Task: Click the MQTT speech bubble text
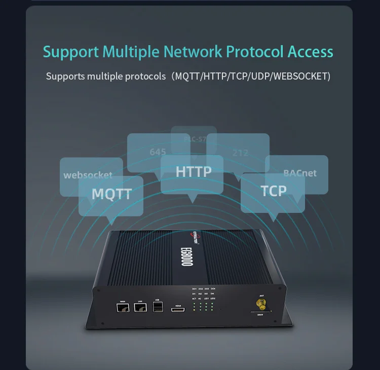[111, 194]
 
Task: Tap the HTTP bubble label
[194, 172]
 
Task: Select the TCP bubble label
[274, 191]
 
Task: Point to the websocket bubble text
[88, 175]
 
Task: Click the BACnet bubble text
[300, 173]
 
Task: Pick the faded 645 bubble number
[158, 152]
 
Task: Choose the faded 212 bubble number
[240, 153]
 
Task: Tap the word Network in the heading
[193, 52]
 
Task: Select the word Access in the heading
[311, 52]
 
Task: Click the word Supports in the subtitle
[65, 77]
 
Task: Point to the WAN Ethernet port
[123, 308]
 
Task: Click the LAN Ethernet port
[140, 308]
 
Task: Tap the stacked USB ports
[158, 307]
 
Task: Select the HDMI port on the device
[178, 309]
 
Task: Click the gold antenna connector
[261, 305]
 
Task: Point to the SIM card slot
[260, 313]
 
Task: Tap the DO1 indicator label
[194, 288]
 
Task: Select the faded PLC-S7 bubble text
[194, 139]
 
